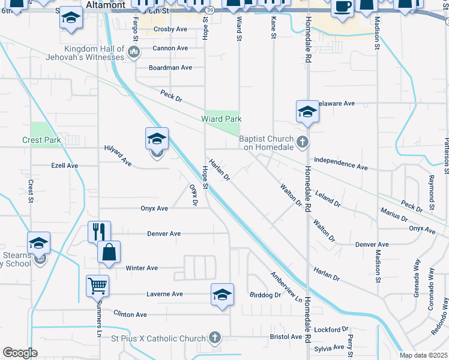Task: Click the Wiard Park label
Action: (x=221, y=119)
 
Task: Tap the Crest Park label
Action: (x=41, y=140)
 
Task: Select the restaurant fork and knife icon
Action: (x=99, y=231)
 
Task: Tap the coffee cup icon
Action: (x=342, y=7)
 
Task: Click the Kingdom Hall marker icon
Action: (x=133, y=53)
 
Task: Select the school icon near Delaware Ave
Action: (x=307, y=112)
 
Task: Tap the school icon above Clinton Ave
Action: (x=222, y=294)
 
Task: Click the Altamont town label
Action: (x=106, y=5)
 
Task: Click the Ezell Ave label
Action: (x=64, y=166)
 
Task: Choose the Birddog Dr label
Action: (x=265, y=295)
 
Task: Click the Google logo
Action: (x=20, y=353)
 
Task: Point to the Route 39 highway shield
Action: (x=208, y=10)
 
